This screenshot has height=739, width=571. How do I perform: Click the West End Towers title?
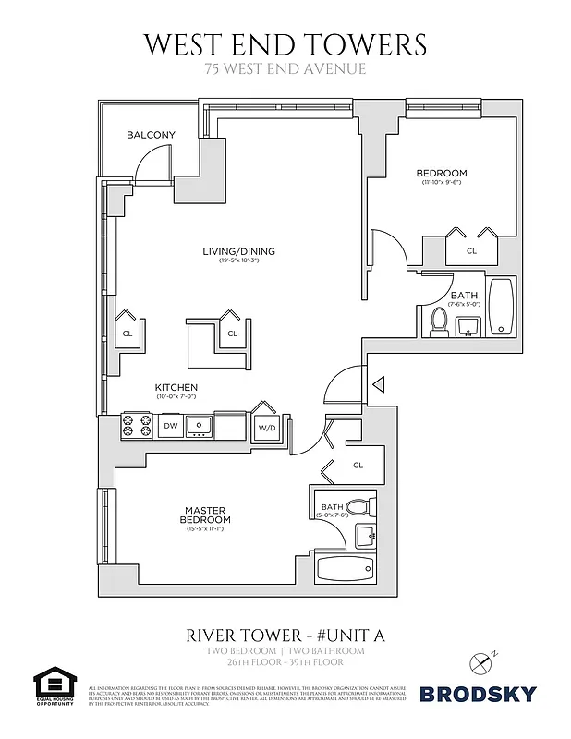tap(285, 43)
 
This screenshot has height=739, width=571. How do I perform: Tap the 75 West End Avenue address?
tap(285, 68)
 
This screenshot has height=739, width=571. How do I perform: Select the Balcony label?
tap(151, 135)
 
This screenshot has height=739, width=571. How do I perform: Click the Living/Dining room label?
tap(238, 251)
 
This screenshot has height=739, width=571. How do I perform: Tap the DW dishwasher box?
tap(170, 426)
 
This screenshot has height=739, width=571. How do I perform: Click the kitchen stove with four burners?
tap(138, 426)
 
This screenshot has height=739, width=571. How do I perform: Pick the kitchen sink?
tap(199, 426)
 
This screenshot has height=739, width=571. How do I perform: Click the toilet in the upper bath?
tap(440, 322)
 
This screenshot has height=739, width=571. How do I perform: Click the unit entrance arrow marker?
tap(377, 382)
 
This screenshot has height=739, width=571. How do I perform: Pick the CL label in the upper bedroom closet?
tap(471, 250)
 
